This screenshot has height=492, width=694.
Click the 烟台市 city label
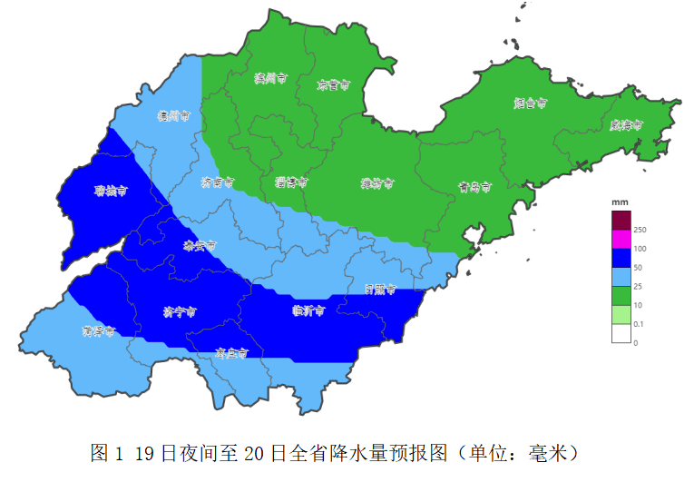tap(530, 103)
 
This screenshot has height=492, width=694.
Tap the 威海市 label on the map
tap(626, 124)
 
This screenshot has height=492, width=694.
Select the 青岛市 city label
tap(474, 188)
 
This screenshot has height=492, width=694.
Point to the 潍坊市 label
tap(376, 183)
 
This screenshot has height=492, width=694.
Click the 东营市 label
tap(333, 85)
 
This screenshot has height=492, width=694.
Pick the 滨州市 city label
tap(270, 79)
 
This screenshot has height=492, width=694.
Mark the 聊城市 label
tap(111, 192)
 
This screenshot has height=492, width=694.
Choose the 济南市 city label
tap(217, 182)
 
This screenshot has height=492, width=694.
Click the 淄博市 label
tap(291, 182)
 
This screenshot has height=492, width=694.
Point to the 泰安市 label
tap(200, 246)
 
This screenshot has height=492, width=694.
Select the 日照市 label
tap(380, 290)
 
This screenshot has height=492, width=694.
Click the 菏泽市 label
tap(98, 331)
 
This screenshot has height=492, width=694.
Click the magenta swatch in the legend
tap(621, 239)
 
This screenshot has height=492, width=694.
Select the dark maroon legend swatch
tap(621, 220)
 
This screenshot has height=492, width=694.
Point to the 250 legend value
tap(640, 230)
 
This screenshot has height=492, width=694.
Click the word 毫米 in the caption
tap(552, 452)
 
